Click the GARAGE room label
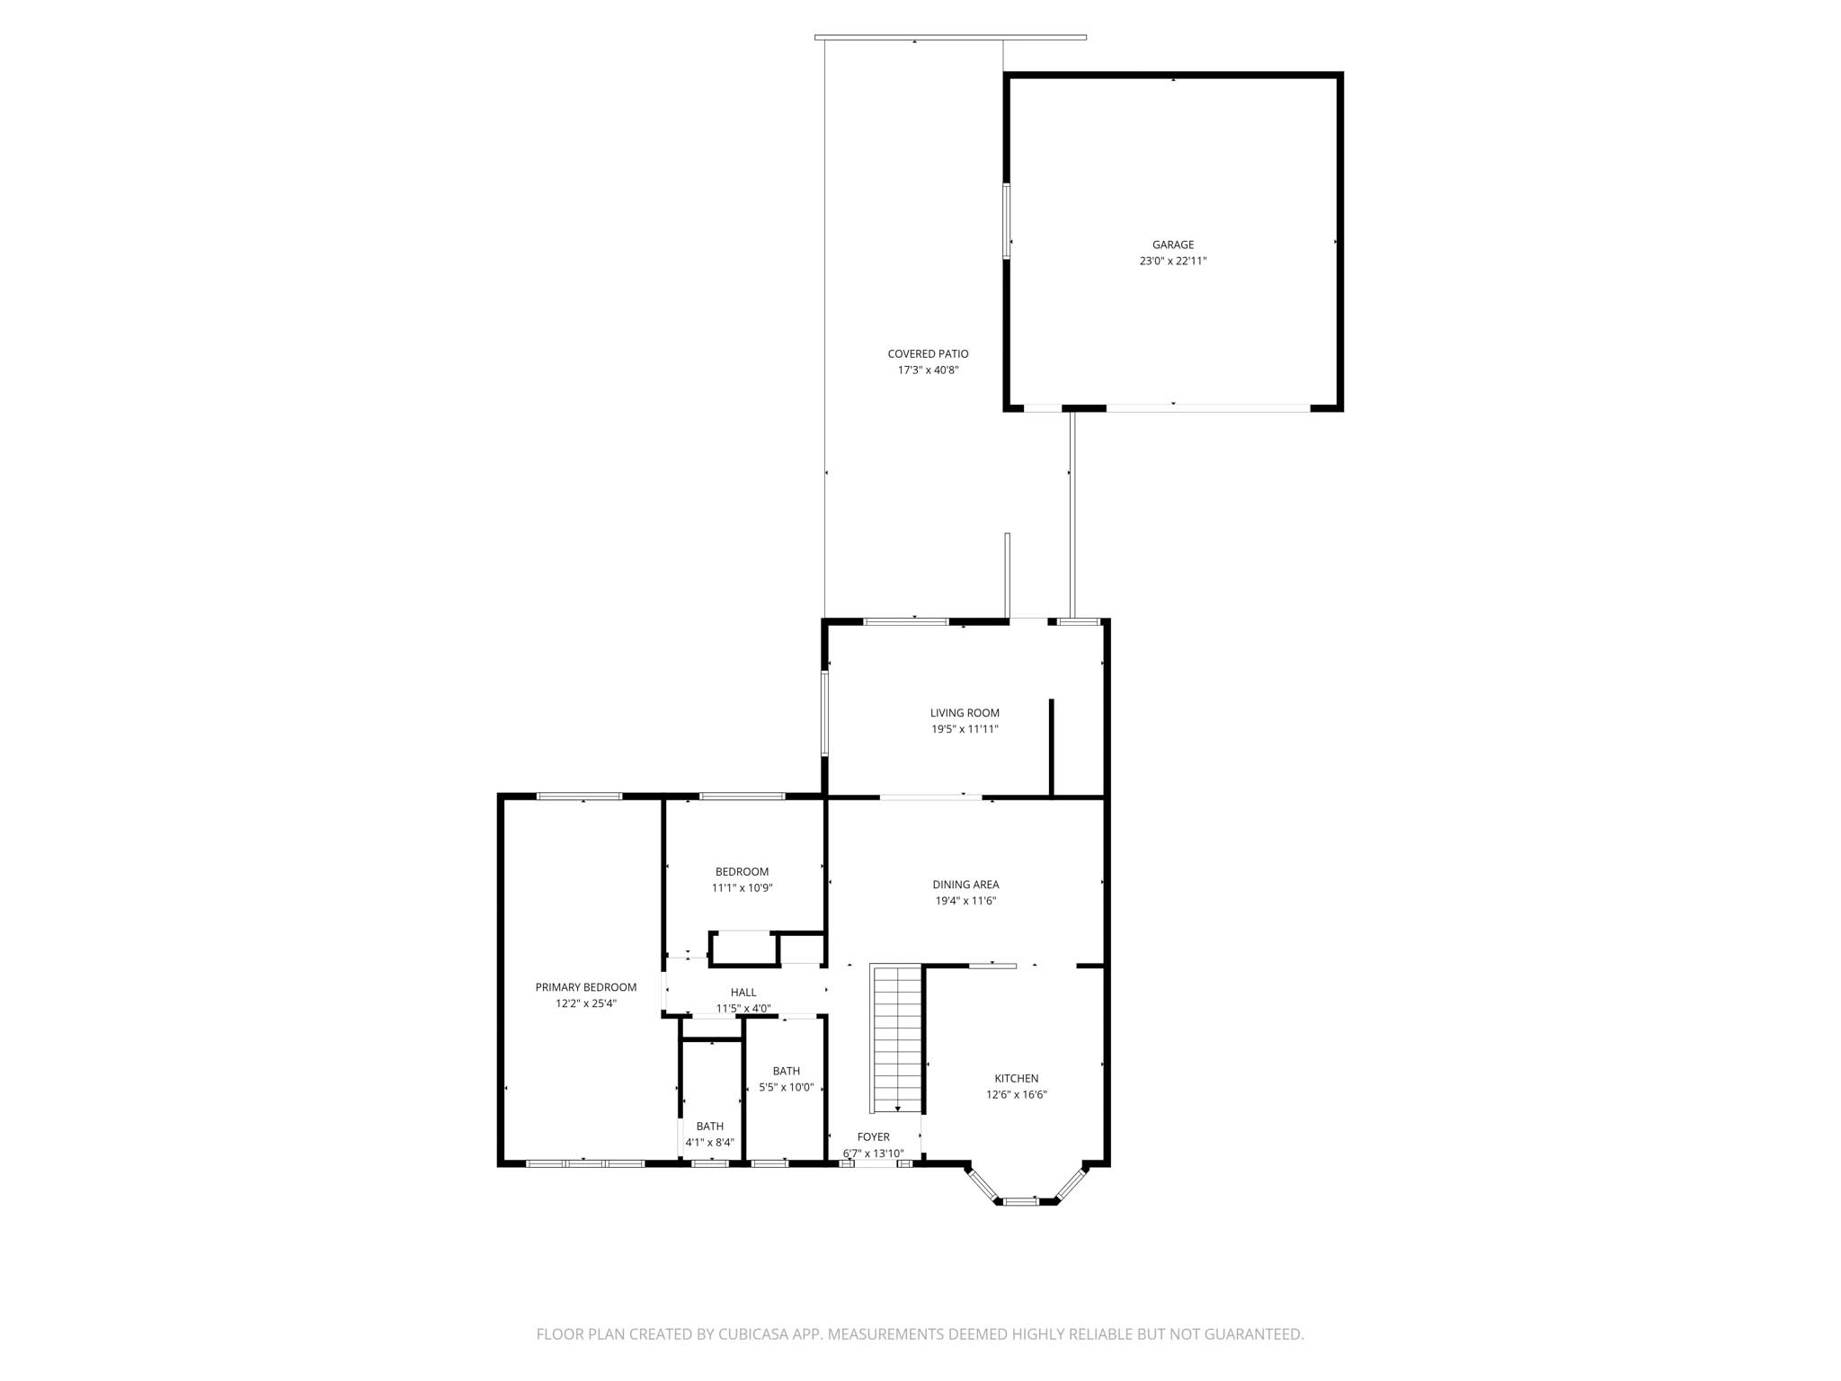[x=1173, y=245]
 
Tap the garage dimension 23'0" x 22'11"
[x=1173, y=261]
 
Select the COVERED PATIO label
[x=928, y=354]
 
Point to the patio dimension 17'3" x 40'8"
[x=928, y=370]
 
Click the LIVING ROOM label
[x=965, y=713]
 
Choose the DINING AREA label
[x=965, y=885]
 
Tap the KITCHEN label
[x=1016, y=1079]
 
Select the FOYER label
[x=873, y=1137]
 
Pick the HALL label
[x=743, y=993]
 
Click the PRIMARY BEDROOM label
[x=586, y=987]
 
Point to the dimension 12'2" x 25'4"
[x=586, y=1003]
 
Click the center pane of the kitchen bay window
[x=1020, y=1200]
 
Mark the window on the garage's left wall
[x=1007, y=221]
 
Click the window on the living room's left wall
[x=824, y=713]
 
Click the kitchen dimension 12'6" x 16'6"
[x=1016, y=1095]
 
